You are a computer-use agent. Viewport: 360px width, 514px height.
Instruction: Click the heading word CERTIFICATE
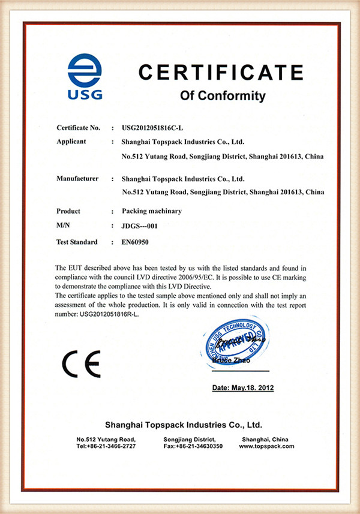click(221, 73)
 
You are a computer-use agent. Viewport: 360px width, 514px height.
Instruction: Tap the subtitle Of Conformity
click(223, 95)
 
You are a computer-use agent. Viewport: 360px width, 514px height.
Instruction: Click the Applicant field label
click(71, 142)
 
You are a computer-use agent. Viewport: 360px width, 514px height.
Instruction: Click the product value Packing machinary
click(151, 211)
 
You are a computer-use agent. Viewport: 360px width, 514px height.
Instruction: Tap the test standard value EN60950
click(136, 242)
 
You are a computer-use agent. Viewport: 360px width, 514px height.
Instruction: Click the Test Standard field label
click(77, 242)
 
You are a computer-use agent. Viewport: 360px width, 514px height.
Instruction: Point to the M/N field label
click(64, 227)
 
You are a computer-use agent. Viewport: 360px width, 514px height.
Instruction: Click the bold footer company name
click(183, 425)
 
